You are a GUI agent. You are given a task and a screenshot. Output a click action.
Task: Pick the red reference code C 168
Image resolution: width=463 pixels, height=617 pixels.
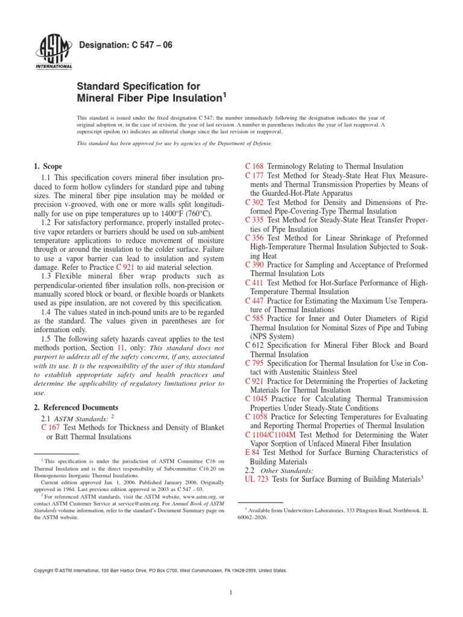[x=254, y=166]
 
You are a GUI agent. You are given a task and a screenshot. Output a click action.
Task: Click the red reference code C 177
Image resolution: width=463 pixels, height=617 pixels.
[x=254, y=175]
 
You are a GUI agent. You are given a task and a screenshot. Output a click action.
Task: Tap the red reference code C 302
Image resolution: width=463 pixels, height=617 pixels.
[x=254, y=202]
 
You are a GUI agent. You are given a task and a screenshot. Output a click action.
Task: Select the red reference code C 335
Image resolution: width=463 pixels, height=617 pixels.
[x=254, y=221]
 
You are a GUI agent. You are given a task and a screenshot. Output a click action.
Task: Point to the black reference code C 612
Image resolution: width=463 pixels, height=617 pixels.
[x=254, y=345]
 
